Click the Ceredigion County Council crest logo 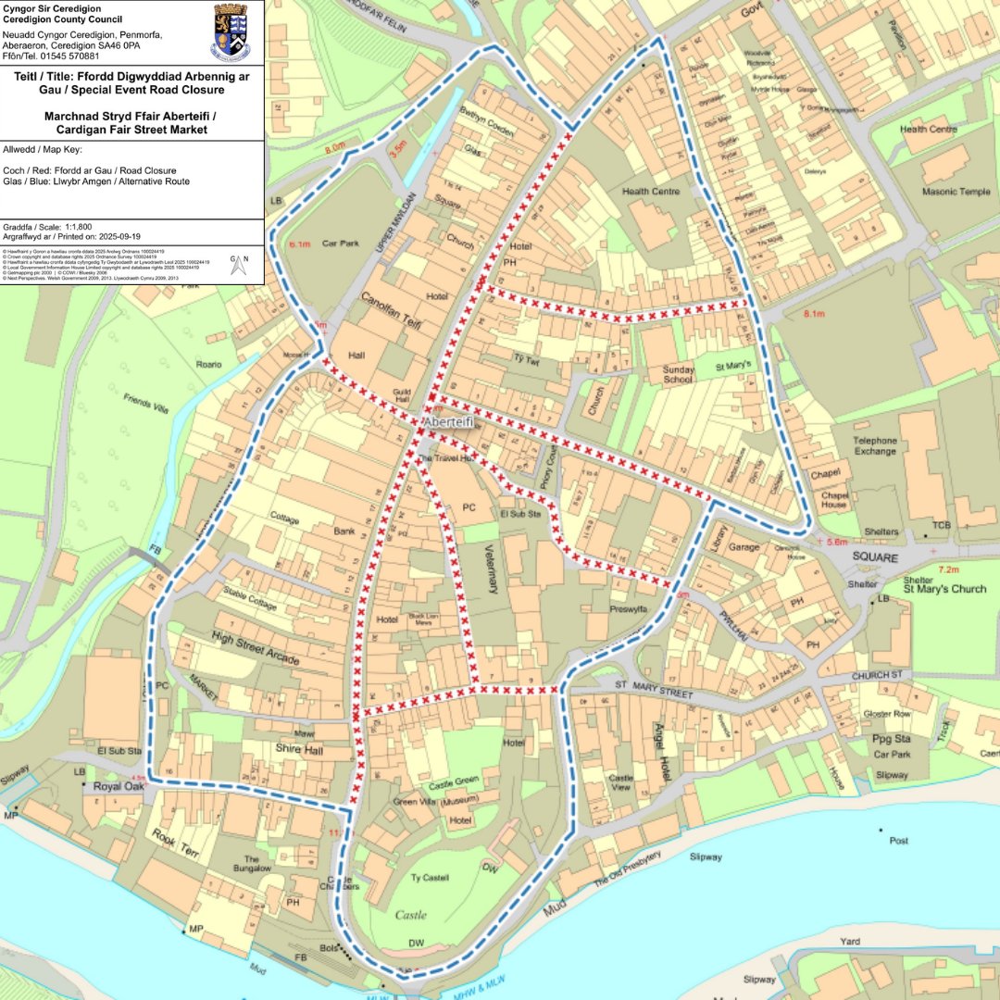click(231, 31)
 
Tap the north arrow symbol click(236, 267)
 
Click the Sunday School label click(678, 375)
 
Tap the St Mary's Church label click(944, 589)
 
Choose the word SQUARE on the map click(875, 558)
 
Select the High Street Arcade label click(256, 647)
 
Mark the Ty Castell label click(429, 878)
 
